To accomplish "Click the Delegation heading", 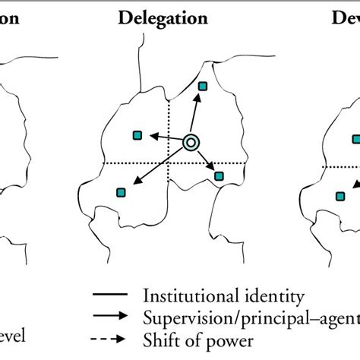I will pos(163,17).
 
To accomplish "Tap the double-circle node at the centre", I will pos(191,141).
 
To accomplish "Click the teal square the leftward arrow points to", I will pos(137,135).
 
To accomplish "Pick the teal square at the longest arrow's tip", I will pos(119,192).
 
